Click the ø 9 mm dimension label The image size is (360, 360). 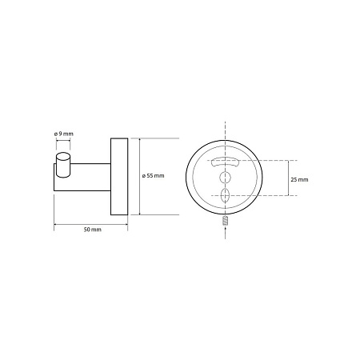tap(64, 134)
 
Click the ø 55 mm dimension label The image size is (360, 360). tap(153, 176)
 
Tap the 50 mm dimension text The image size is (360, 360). tap(93, 230)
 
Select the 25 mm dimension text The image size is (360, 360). tap(299, 179)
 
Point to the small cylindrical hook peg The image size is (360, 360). tap(63, 164)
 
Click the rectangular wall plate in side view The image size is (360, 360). tap(119, 177)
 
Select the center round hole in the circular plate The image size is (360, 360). tap(225, 177)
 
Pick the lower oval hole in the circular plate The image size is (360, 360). tap(225, 195)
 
